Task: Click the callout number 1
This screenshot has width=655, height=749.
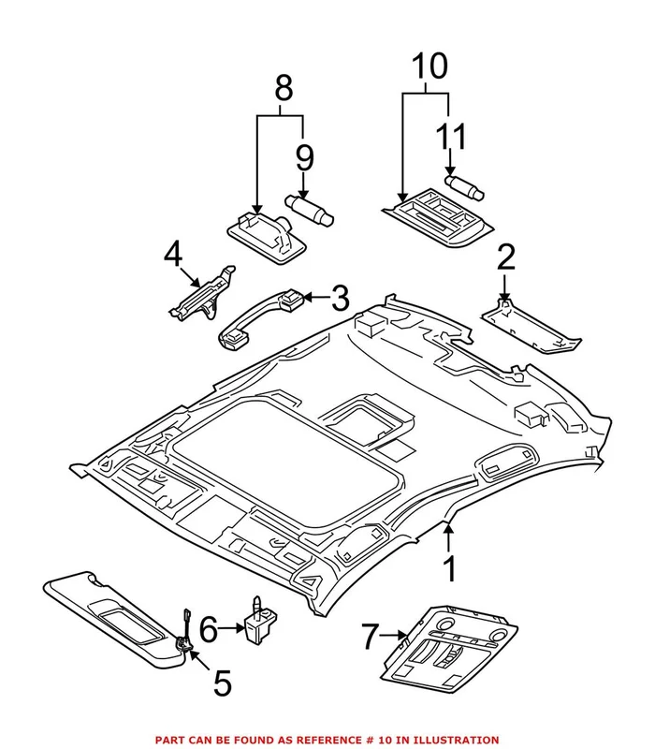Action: pos(450,568)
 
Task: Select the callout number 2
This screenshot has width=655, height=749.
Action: pos(505,257)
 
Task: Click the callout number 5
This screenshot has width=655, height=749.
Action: pos(222,683)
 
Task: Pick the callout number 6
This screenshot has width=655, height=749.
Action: pos(207,628)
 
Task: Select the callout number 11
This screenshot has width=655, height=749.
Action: pos(450,138)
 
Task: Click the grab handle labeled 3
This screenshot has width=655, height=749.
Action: pos(257,316)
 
